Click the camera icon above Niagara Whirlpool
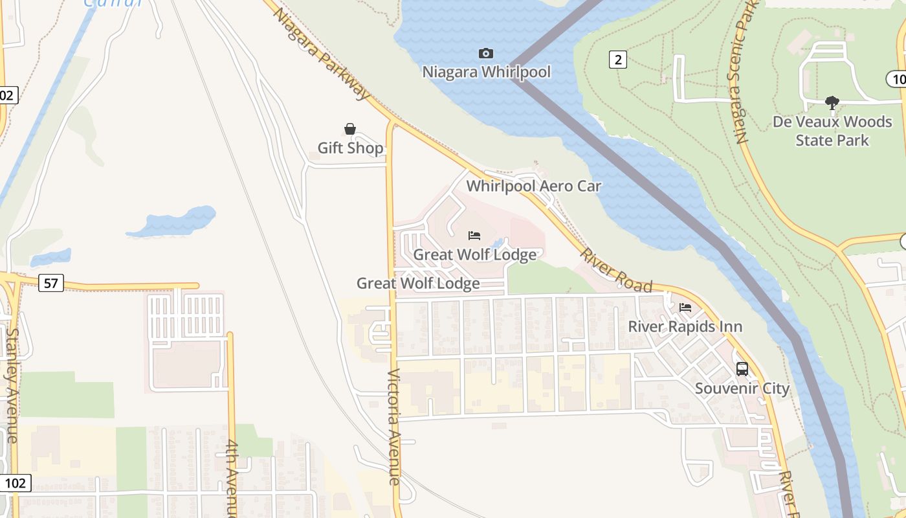[485, 53]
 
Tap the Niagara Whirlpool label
[487, 71]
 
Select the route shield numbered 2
[618, 60]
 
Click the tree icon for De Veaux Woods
[832, 102]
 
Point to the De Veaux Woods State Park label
[832, 131]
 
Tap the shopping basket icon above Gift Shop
[350, 129]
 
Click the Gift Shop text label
[350, 148]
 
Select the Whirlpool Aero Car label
[534, 186]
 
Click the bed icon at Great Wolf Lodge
[474, 236]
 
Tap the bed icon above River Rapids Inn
[685, 308]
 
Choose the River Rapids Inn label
[685, 326]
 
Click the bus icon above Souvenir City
[742, 369]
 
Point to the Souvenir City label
[742, 388]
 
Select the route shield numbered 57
[50, 282]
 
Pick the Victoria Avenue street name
[394, 427]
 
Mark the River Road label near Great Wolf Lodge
[615, 270]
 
